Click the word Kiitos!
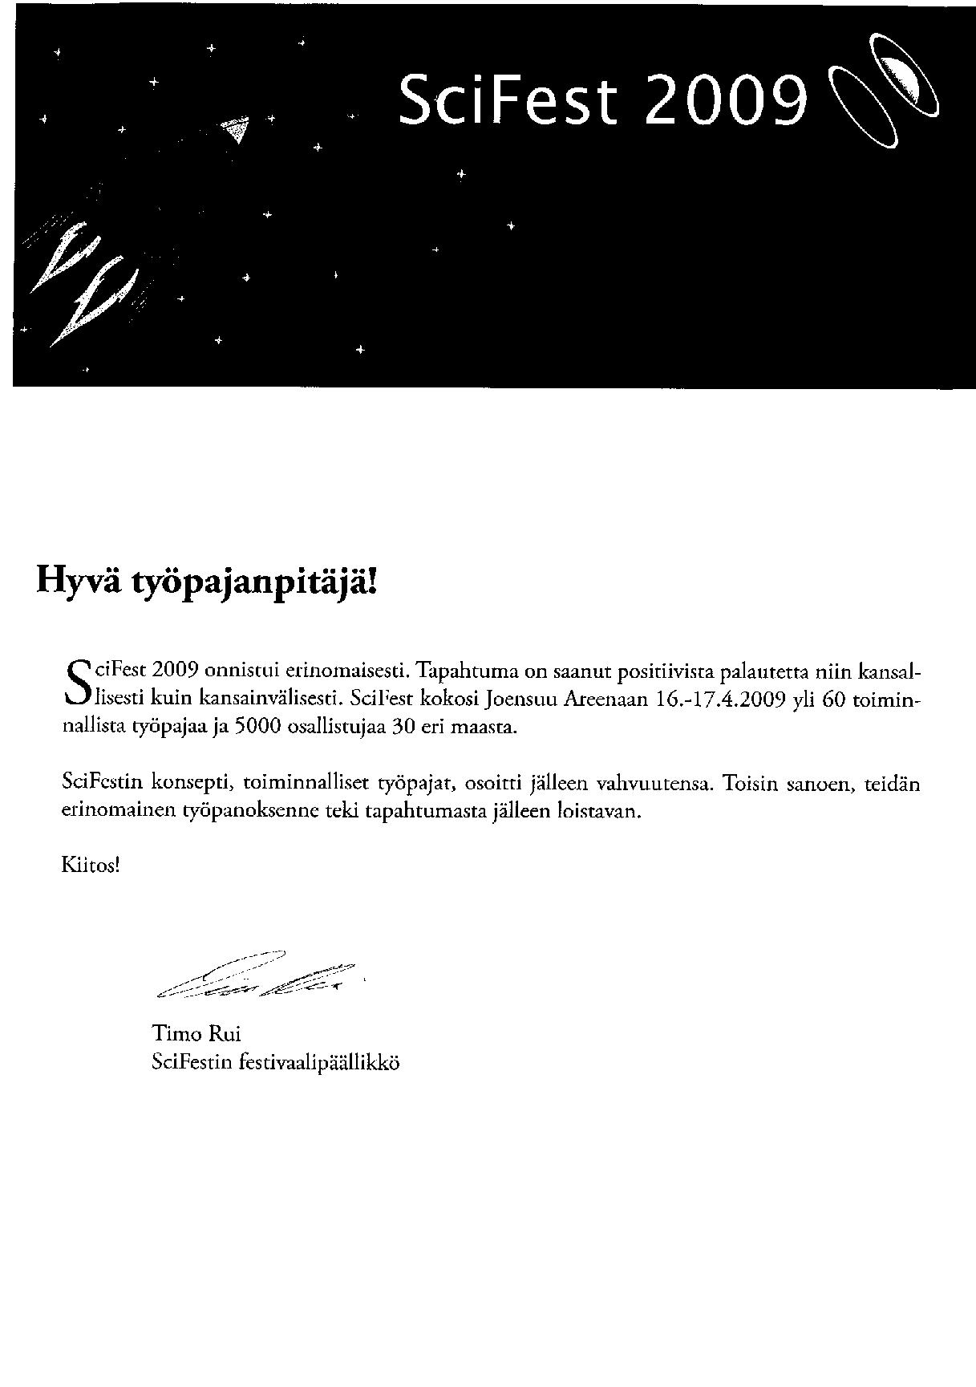click(91, 865)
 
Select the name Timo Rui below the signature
click(196, 1033)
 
